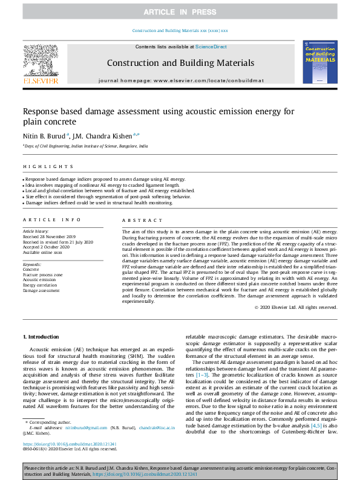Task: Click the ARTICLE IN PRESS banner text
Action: coord(180,12)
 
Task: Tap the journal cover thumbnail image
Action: coord(319,63)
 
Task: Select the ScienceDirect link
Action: coord(211,47)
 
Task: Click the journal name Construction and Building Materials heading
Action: coord(180,63)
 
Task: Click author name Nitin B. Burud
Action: coord(44,135)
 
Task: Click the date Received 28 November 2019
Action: coord(49,237)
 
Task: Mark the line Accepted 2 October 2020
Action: coord(46,247)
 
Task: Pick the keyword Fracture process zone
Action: coord(43,275)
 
